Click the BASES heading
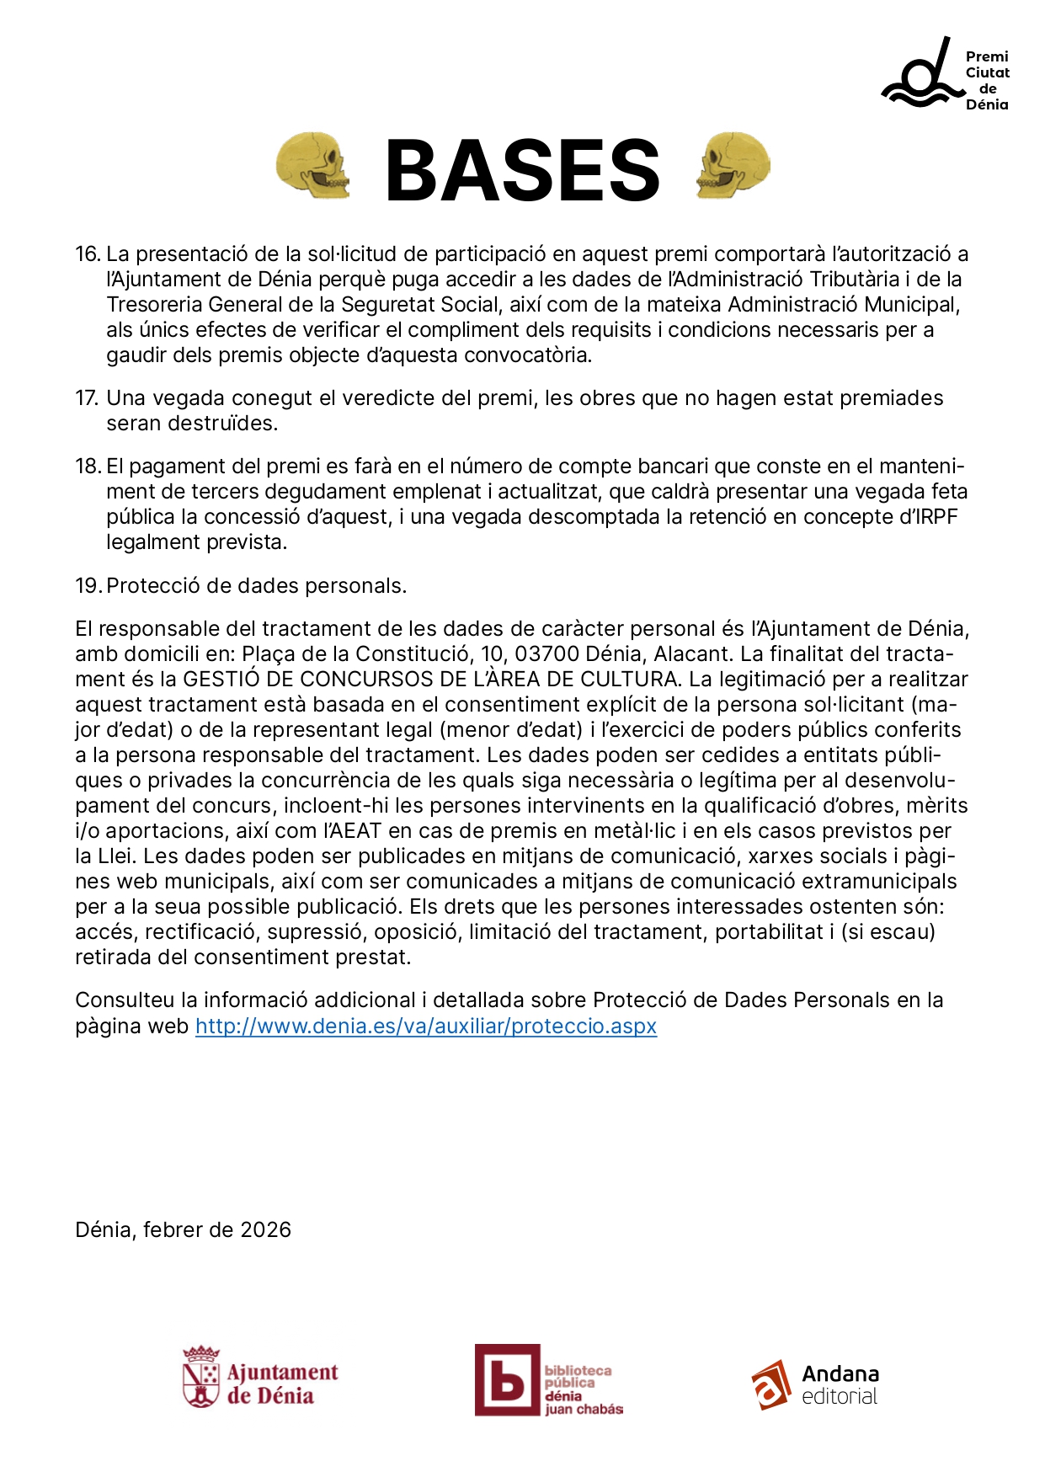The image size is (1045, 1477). [x=522, y=171]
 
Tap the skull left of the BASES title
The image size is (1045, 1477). [x=312, y=165]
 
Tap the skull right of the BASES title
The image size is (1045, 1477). [x=733, y=165]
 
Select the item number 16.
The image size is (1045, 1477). [x=88, y=254]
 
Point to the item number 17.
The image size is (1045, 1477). [x=88, y=398]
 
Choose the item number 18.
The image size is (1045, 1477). [x=88, y=467]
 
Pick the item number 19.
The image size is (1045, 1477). [x=88, y=586]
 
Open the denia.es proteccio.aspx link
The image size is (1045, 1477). [x=426, y=1026]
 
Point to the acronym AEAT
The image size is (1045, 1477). [x=354, y=831]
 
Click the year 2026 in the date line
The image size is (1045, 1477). [x=265, y=1230]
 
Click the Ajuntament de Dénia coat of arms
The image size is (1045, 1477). [x=201, y=1377]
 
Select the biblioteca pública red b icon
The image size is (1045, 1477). [x=507, y=1380]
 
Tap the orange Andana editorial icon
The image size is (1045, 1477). [x=771, y=1384]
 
